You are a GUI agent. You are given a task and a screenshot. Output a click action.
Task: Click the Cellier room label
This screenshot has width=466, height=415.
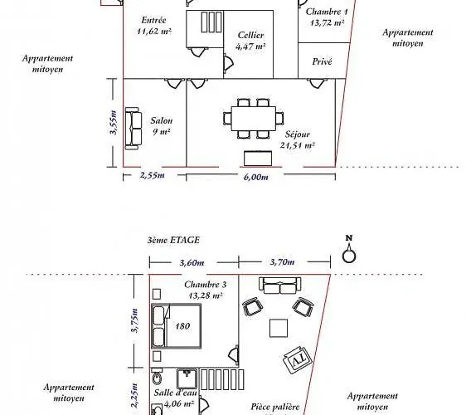(x=251, y=35)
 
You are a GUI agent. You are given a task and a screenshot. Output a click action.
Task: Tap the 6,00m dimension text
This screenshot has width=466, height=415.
(x=256, y=177)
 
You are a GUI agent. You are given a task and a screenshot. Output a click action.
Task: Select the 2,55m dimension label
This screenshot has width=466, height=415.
(x=153, y=175)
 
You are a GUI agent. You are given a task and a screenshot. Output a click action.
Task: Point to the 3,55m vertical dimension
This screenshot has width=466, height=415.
(x=114, y=122)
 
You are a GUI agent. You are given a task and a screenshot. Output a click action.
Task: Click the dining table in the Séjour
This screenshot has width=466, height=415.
(x=254, y=119)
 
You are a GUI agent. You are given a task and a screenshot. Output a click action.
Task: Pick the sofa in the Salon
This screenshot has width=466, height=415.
(x=133, y=129)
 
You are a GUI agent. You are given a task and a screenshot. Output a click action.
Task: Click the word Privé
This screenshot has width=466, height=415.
(x=322, y=61)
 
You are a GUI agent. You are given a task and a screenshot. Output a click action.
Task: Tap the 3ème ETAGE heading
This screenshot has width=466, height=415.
(x=173, y=240)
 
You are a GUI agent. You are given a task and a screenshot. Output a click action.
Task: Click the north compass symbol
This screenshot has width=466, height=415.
(x=349, y=249)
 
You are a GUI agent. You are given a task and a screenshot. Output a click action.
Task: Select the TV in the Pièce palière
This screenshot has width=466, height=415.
(x=298, y=360)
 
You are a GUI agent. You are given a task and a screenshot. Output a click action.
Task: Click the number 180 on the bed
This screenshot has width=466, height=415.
(x=182, y=326)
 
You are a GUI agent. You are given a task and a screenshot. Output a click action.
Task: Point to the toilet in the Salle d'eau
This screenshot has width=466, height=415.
(x=157, y=376)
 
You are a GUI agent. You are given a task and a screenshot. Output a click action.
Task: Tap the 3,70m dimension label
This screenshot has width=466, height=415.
(x=282, y=262)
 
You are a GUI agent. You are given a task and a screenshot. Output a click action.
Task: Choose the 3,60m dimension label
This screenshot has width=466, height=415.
(x=192, y=263)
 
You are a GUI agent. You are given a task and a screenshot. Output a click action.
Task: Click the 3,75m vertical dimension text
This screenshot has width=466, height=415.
(x=135, y=320)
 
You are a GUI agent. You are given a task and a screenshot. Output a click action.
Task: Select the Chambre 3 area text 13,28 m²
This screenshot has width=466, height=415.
(x=206, y=295)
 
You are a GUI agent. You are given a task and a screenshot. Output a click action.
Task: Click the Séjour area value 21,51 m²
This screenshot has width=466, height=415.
(x=297, y=145)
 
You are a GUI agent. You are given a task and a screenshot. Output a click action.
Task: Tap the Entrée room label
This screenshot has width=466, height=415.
(x=153, y=20)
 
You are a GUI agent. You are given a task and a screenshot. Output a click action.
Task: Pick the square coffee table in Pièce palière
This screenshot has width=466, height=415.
(x=279, y=328)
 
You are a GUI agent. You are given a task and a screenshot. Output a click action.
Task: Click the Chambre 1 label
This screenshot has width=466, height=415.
(x=327, y=12)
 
